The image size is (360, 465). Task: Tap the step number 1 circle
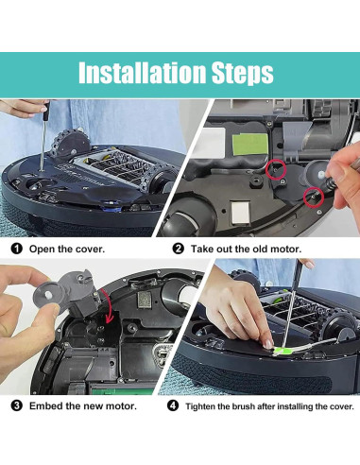(15, 249)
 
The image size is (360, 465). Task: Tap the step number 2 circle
(179, 249)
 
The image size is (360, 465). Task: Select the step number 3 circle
(15, 405)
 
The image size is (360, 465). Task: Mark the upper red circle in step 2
(277, 170)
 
